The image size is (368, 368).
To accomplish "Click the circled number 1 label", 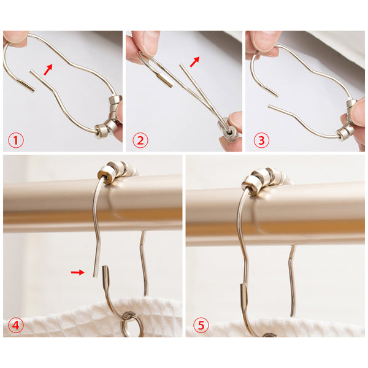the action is pos(16,140).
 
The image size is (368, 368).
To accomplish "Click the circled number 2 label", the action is pos(140,140).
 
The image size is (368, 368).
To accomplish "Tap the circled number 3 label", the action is pos(261,140).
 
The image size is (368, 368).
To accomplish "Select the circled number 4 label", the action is pos(16,325).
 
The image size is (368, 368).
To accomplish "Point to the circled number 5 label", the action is pos(201,325).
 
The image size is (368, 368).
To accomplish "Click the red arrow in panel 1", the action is pos(48,69).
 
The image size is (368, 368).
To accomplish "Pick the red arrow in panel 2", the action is pos(194,61).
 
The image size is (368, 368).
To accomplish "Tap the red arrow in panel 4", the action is pos(78,272).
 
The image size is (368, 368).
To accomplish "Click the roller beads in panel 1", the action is pos(109,117).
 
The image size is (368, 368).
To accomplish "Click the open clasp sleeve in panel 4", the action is pos(106,277).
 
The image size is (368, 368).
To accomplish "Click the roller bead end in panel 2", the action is pos(229,132).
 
